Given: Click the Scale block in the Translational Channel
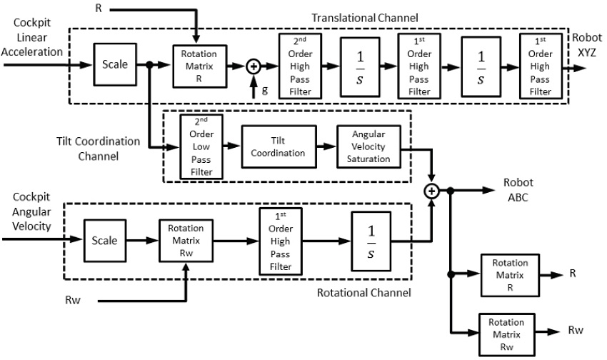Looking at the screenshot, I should click(x=115, y=65).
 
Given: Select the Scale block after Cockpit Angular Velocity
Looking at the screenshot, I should click(x=104, y=241).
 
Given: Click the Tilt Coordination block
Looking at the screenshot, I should click(x=278, y=146).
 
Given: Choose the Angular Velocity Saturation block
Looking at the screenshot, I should click(x=368, y=146).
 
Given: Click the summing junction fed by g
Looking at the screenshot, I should click(x=253, y=66).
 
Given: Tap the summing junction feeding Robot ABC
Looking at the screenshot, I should click(x=431, y=191).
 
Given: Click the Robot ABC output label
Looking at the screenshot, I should click(x=515, y=190).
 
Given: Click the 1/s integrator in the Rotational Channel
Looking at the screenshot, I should click(x=371, y=242).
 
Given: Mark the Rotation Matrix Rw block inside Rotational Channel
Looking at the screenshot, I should click(x=185, y=241).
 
